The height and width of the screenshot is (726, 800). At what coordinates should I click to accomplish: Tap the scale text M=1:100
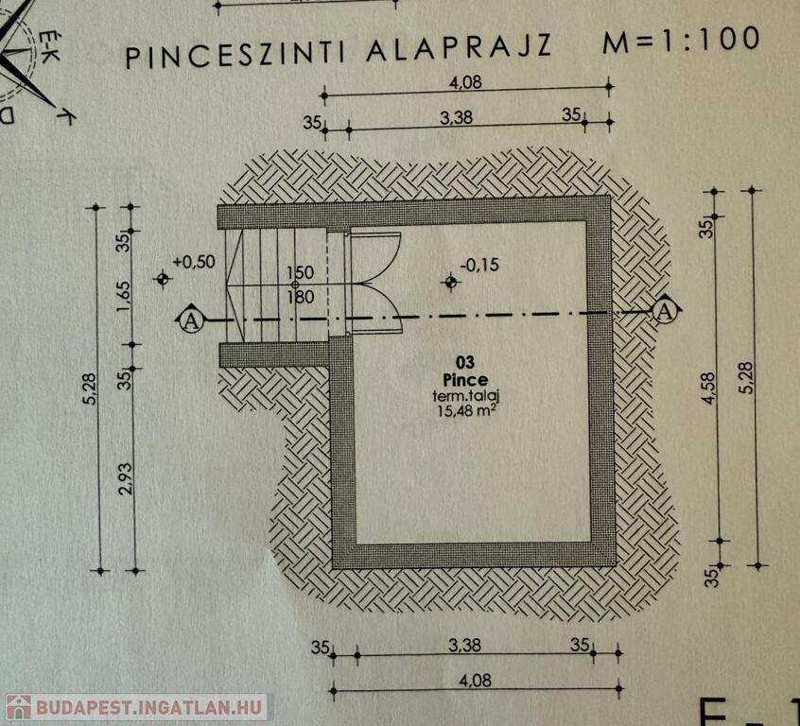point(681,40)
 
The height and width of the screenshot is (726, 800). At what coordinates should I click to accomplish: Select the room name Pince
point(465,380)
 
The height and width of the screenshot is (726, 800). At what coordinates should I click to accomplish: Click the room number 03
point(465,362)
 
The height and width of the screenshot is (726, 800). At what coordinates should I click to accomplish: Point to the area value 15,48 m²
point(465,410)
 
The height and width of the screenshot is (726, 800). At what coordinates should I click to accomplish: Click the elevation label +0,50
point(194,262)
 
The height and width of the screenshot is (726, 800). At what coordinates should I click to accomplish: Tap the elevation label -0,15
point(479,265)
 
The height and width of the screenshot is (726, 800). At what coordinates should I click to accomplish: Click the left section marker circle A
point(191,321)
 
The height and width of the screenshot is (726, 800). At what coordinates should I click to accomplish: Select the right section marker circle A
point(664,311)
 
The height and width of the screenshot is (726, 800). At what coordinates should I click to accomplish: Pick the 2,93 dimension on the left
point(126,478)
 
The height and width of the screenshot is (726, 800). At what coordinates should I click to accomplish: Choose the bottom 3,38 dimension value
point(464,646)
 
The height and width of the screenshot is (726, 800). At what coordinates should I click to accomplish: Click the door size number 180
point(300,297)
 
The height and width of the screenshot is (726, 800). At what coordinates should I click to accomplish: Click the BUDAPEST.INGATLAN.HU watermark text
point(149,708)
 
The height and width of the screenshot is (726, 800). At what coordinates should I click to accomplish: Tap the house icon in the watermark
point(18,707)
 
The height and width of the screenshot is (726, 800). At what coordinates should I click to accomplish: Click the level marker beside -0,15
point(450,282)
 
